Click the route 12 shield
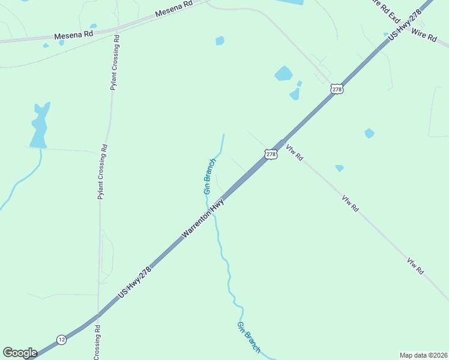[x=62, y=340]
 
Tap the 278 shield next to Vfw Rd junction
[x=271, y=155]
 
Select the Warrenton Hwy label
[x=203, y=220]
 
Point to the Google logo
[x=20, y=353]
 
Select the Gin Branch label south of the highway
[x=249, y=337]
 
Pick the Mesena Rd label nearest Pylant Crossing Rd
[x=74, y=35]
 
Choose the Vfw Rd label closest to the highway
[x=295, y=153]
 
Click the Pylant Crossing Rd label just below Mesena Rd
[x=114, y=62]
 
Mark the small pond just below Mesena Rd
[x=220, y=41]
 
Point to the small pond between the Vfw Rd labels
[x=340, y=169]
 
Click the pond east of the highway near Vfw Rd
[x=369, y=133]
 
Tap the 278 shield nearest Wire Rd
[x=337, y=89]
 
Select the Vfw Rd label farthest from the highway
[x=416, y=266]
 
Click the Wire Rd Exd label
[x=385, y=9]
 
